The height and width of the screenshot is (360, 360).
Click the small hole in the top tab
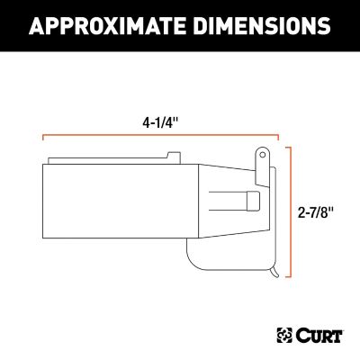pyautogui.click(x=261, y=153)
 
